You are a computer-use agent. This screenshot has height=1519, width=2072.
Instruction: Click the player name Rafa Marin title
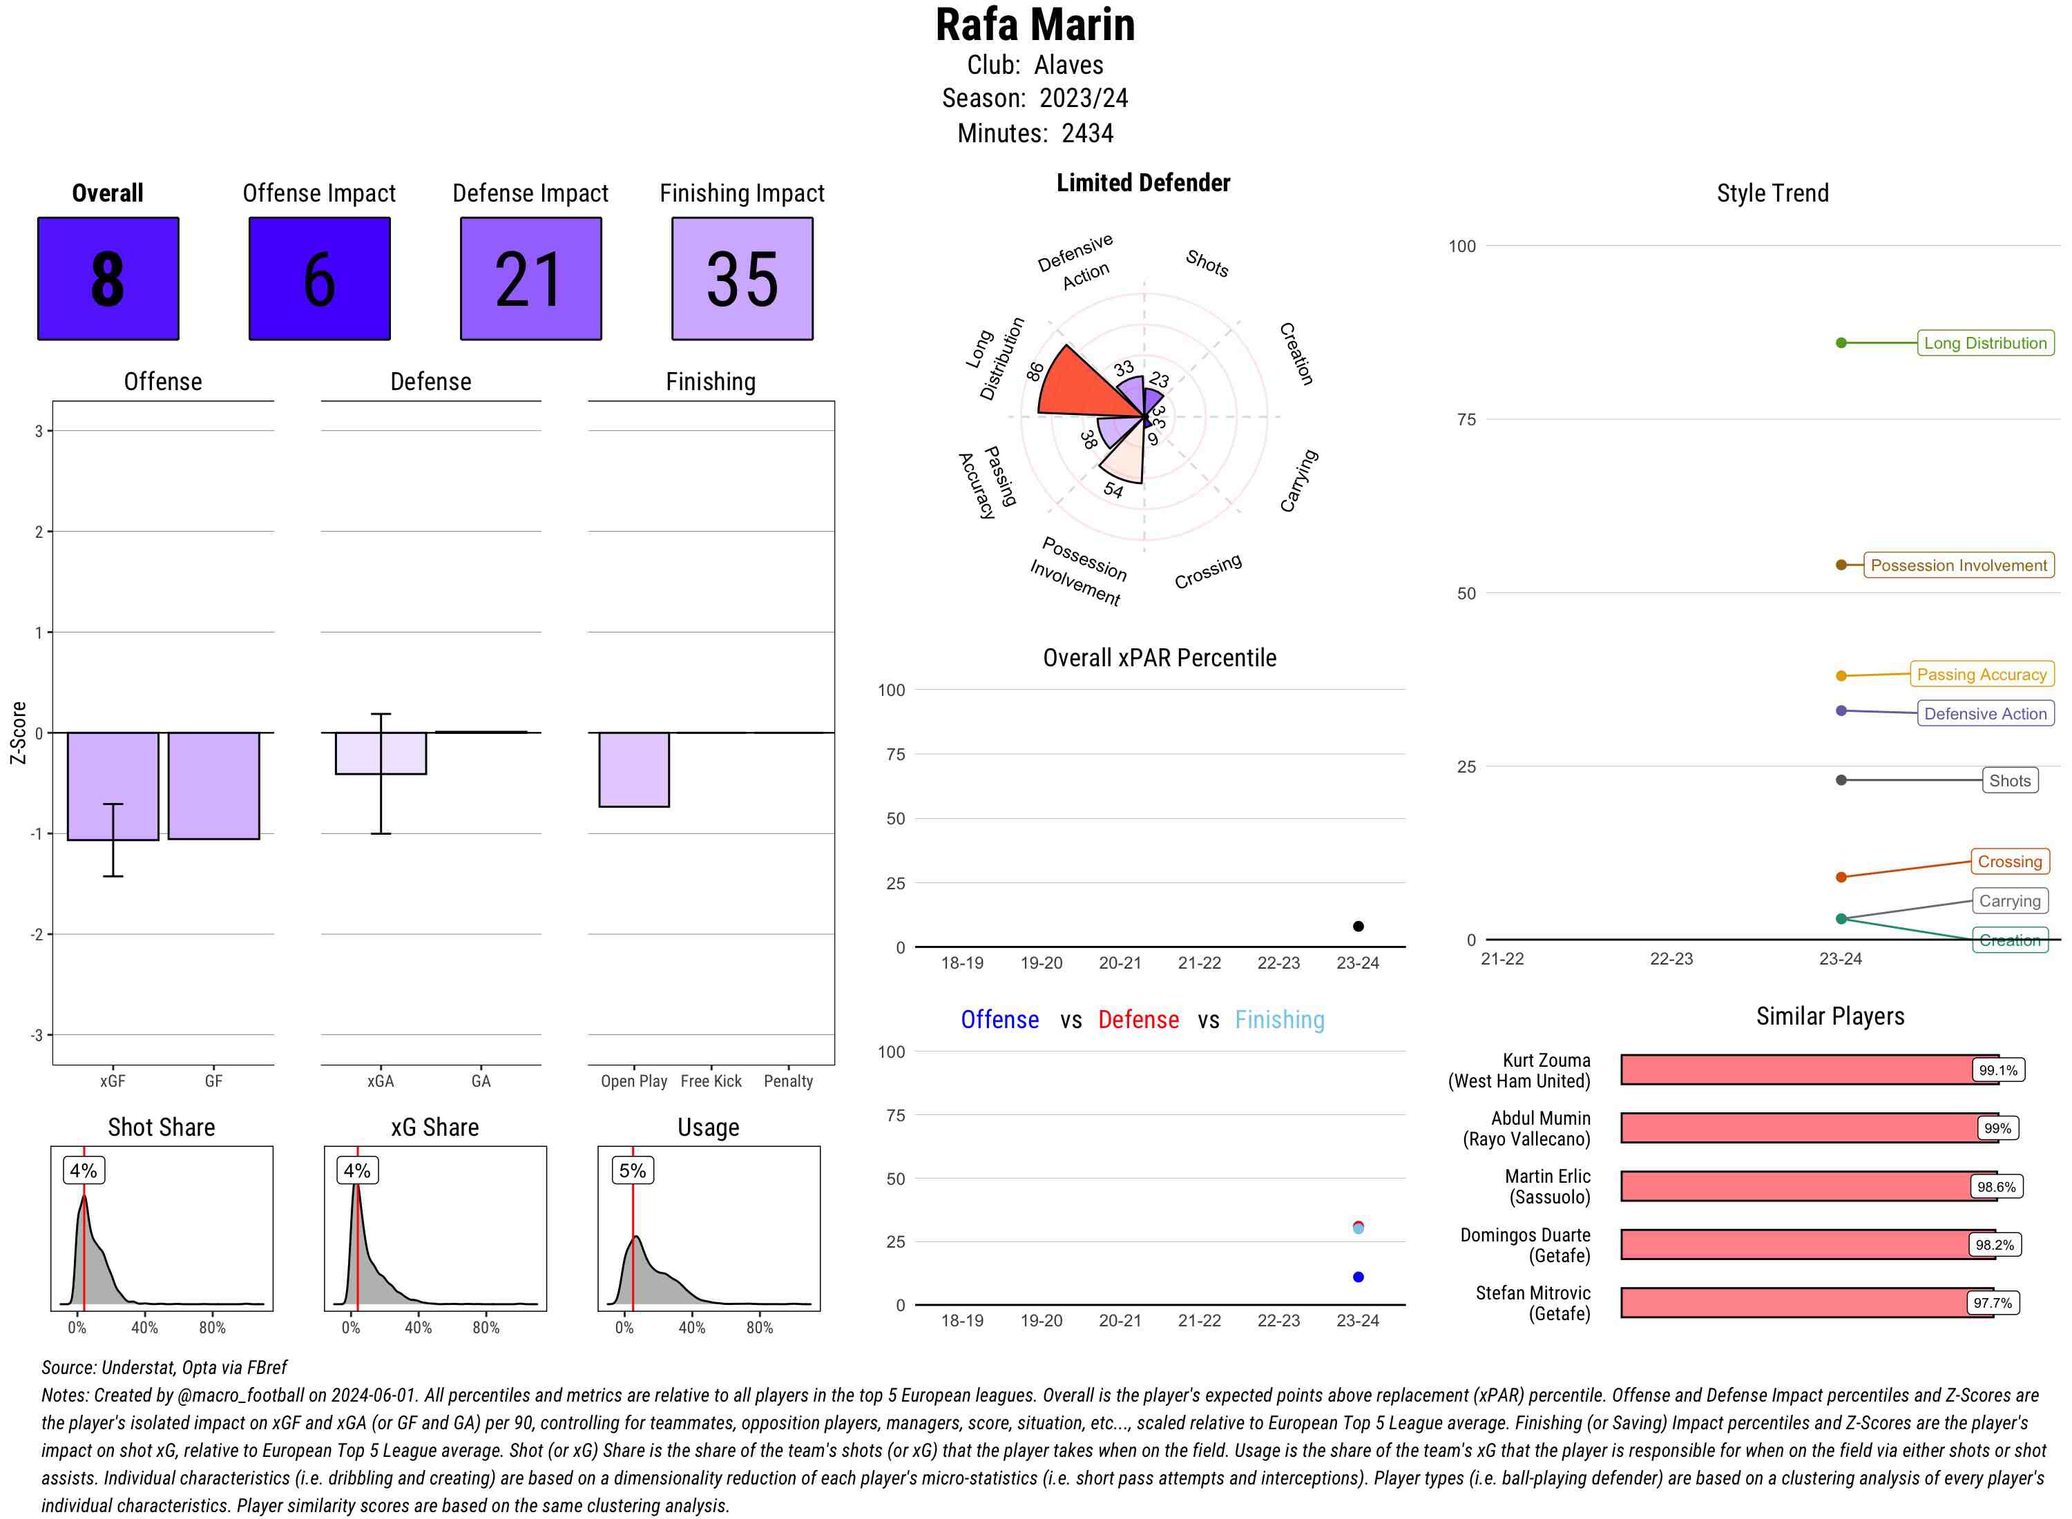pyautogui.click(x=1035, y=26)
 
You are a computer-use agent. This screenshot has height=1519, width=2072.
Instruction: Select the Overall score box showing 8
pyautogui.click(x=108, y=279)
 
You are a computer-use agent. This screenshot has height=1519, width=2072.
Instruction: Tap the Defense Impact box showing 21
pyautogui.click(x=530, y=279)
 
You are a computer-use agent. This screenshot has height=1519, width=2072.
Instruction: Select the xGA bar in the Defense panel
pyautogui.click(x=380, y=753)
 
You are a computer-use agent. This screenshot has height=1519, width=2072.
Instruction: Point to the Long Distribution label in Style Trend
pyautogui.click(x=1985, y=343)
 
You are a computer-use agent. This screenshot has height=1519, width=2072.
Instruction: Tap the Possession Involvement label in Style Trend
pyautogui.click(x=1958, y=565)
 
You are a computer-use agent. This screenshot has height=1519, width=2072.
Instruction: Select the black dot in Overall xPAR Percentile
pyautogui.click(x=1357, y=926)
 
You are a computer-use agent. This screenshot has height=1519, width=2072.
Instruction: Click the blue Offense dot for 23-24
pyautogui.click(x=1357, y=1276)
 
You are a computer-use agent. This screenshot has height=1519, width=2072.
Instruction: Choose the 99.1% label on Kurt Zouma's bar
pyautogui.click(x=1997, y=1070)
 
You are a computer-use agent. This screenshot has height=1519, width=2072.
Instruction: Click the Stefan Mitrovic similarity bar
pyautogui.click(x=1805, y=1303)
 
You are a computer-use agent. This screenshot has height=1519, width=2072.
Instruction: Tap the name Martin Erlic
pyautogui.click(x=1547, y=1176)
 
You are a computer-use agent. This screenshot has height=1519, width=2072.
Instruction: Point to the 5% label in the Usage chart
pyautogui.click(x=632, y=1170)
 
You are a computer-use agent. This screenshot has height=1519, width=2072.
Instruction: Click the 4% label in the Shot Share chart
pyautogui.click(x=83, y=1170)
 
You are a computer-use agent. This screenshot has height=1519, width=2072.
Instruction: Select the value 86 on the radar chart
pyautogui.click(x=1035, y=371)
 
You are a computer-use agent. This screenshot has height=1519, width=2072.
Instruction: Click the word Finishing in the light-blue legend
pyautogui.click(x=1279, y=1020)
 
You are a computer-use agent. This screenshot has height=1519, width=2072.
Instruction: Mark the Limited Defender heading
pyautogui.click(x=1142, y=183)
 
